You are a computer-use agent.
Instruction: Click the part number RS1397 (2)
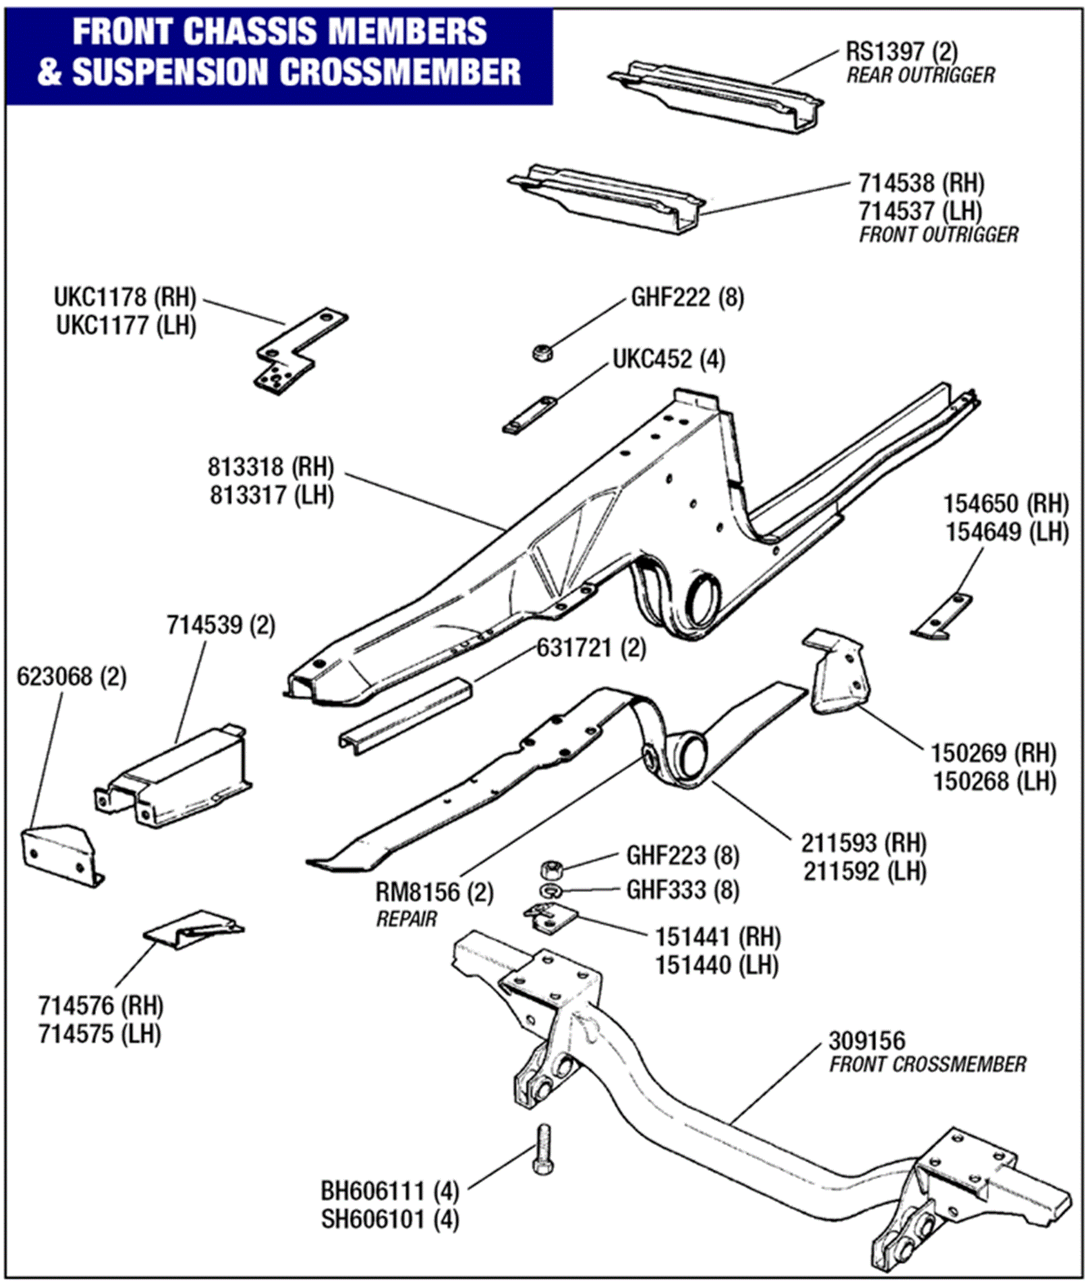901,51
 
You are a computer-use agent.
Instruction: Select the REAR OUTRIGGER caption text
920,75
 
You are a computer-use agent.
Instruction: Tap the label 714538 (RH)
921,184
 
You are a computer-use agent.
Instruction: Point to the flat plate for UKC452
530,416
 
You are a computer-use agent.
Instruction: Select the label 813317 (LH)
271,495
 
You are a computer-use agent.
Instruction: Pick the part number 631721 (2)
591,648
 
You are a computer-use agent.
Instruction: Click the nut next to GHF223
552,869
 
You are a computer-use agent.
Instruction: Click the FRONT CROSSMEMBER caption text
927,1064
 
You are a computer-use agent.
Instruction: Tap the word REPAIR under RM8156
406,919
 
